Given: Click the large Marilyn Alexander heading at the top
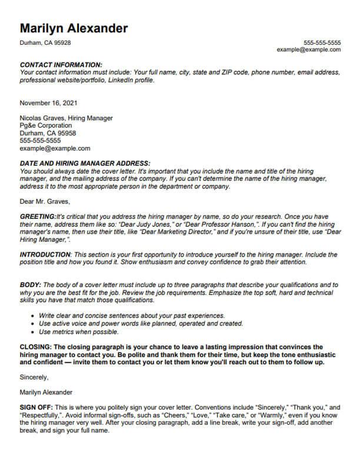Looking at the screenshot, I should pyautogui.click(x=74, y=28).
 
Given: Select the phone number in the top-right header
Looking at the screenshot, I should pyautogui.click(x=322, y=43).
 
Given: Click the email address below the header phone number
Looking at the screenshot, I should pyautogui.click(x=309, y=50).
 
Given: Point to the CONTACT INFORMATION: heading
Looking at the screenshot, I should pyautogui.click(x=61, y=65).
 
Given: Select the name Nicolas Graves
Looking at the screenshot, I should pyautogui.click(x=42, y=118).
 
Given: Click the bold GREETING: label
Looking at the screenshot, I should pyautogui.click(x=38, y=217).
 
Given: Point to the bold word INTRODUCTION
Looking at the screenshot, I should pyautogui.click(x=45, y=254).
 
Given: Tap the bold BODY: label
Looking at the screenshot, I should pyautogui.click(x=31, y=284).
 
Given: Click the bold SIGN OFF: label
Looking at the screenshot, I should pyautogui.click(x=36, y=407).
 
